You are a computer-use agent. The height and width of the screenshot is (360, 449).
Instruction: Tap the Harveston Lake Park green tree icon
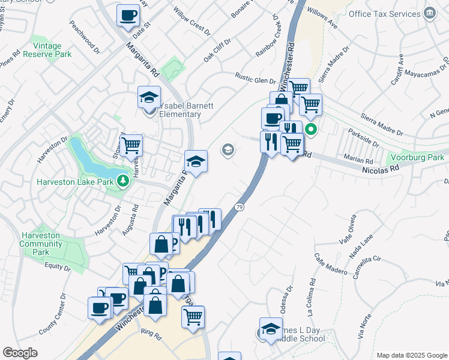click(x=124, y=180)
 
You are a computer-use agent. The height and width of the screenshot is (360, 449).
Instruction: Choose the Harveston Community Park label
click(x=40, y=244)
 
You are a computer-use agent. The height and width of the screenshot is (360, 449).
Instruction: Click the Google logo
click(x=20, y=353)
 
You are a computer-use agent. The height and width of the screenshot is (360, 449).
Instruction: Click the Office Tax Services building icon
click(x=429, y=13)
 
